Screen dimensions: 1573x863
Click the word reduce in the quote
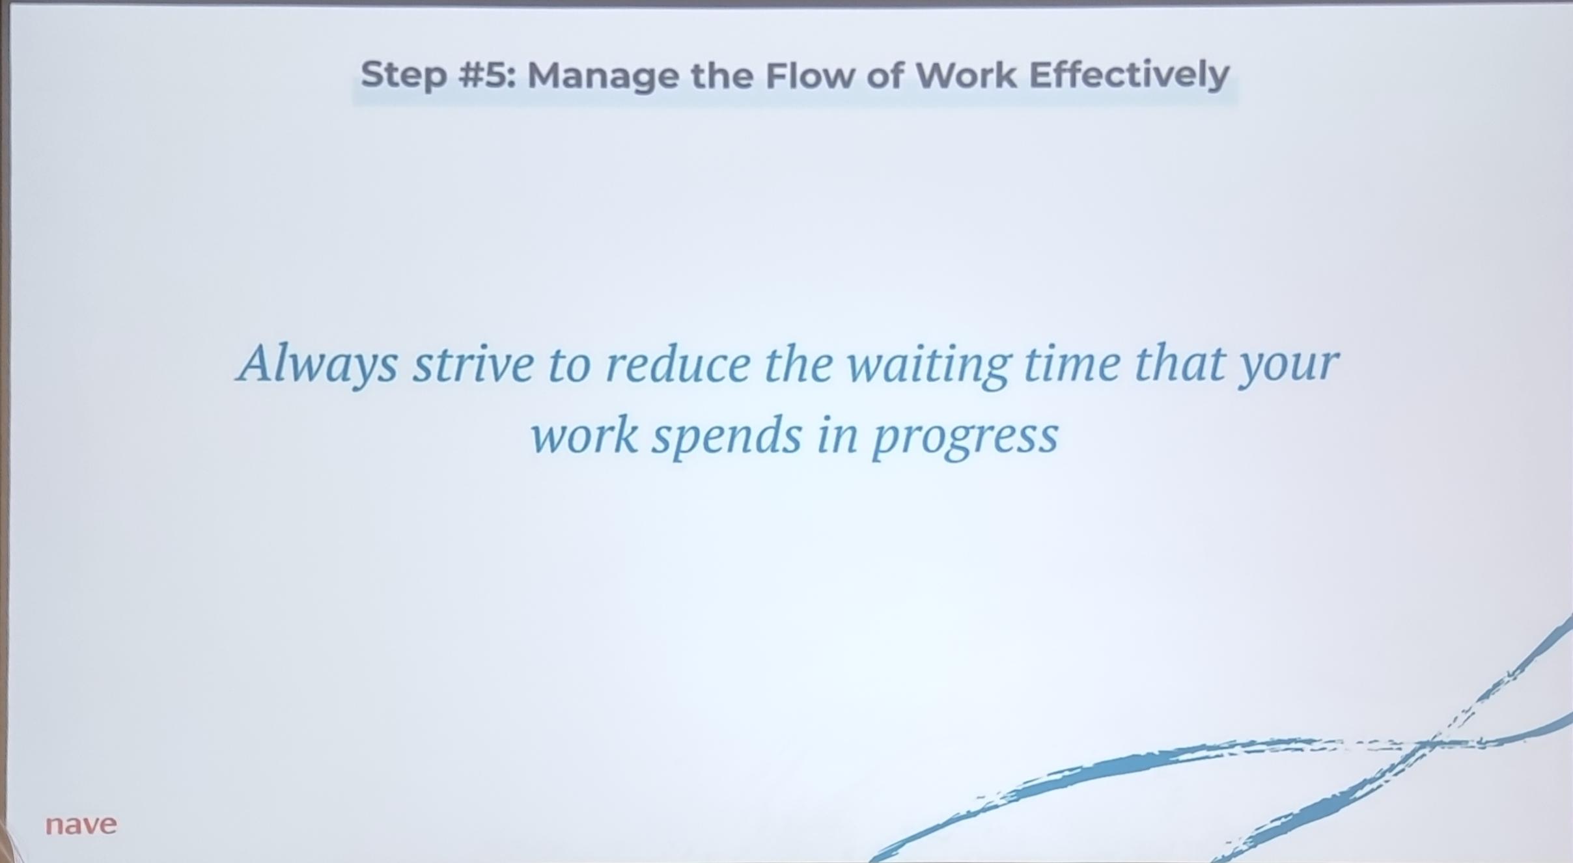click(x=678, y=364)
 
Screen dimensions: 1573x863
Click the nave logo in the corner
click(x=81, y=825)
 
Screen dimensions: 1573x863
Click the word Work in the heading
click(x=966, y=75)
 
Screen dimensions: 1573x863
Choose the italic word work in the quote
click(x=585, y=436)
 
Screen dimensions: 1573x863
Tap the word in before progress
click(x=837, y=436)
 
